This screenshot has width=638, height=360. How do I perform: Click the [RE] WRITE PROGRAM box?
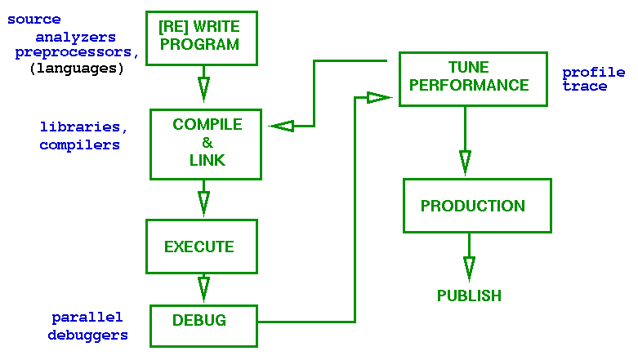(200, 38)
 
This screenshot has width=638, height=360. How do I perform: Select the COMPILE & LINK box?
(206, 144)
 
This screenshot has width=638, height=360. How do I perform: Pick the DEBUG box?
(203, 324)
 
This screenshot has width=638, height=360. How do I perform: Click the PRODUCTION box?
(476, 206)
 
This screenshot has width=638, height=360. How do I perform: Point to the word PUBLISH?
(469, 296)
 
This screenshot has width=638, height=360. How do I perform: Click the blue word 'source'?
(33, 19)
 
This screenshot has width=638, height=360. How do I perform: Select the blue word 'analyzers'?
(75, 38)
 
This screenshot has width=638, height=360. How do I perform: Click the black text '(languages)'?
(76, 69)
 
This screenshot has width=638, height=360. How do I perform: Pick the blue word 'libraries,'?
(83, 127)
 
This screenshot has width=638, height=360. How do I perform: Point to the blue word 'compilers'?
(79, 145)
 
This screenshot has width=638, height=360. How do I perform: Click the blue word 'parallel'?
(87, 317)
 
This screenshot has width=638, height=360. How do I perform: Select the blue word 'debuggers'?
(87, 335)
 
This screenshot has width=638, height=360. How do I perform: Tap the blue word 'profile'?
(593, 73)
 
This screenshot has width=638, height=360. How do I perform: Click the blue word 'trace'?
(584, 87)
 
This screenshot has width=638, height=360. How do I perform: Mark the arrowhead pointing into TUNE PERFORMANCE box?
(378, 98)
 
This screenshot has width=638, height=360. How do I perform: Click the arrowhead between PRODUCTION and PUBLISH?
(469, 268)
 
